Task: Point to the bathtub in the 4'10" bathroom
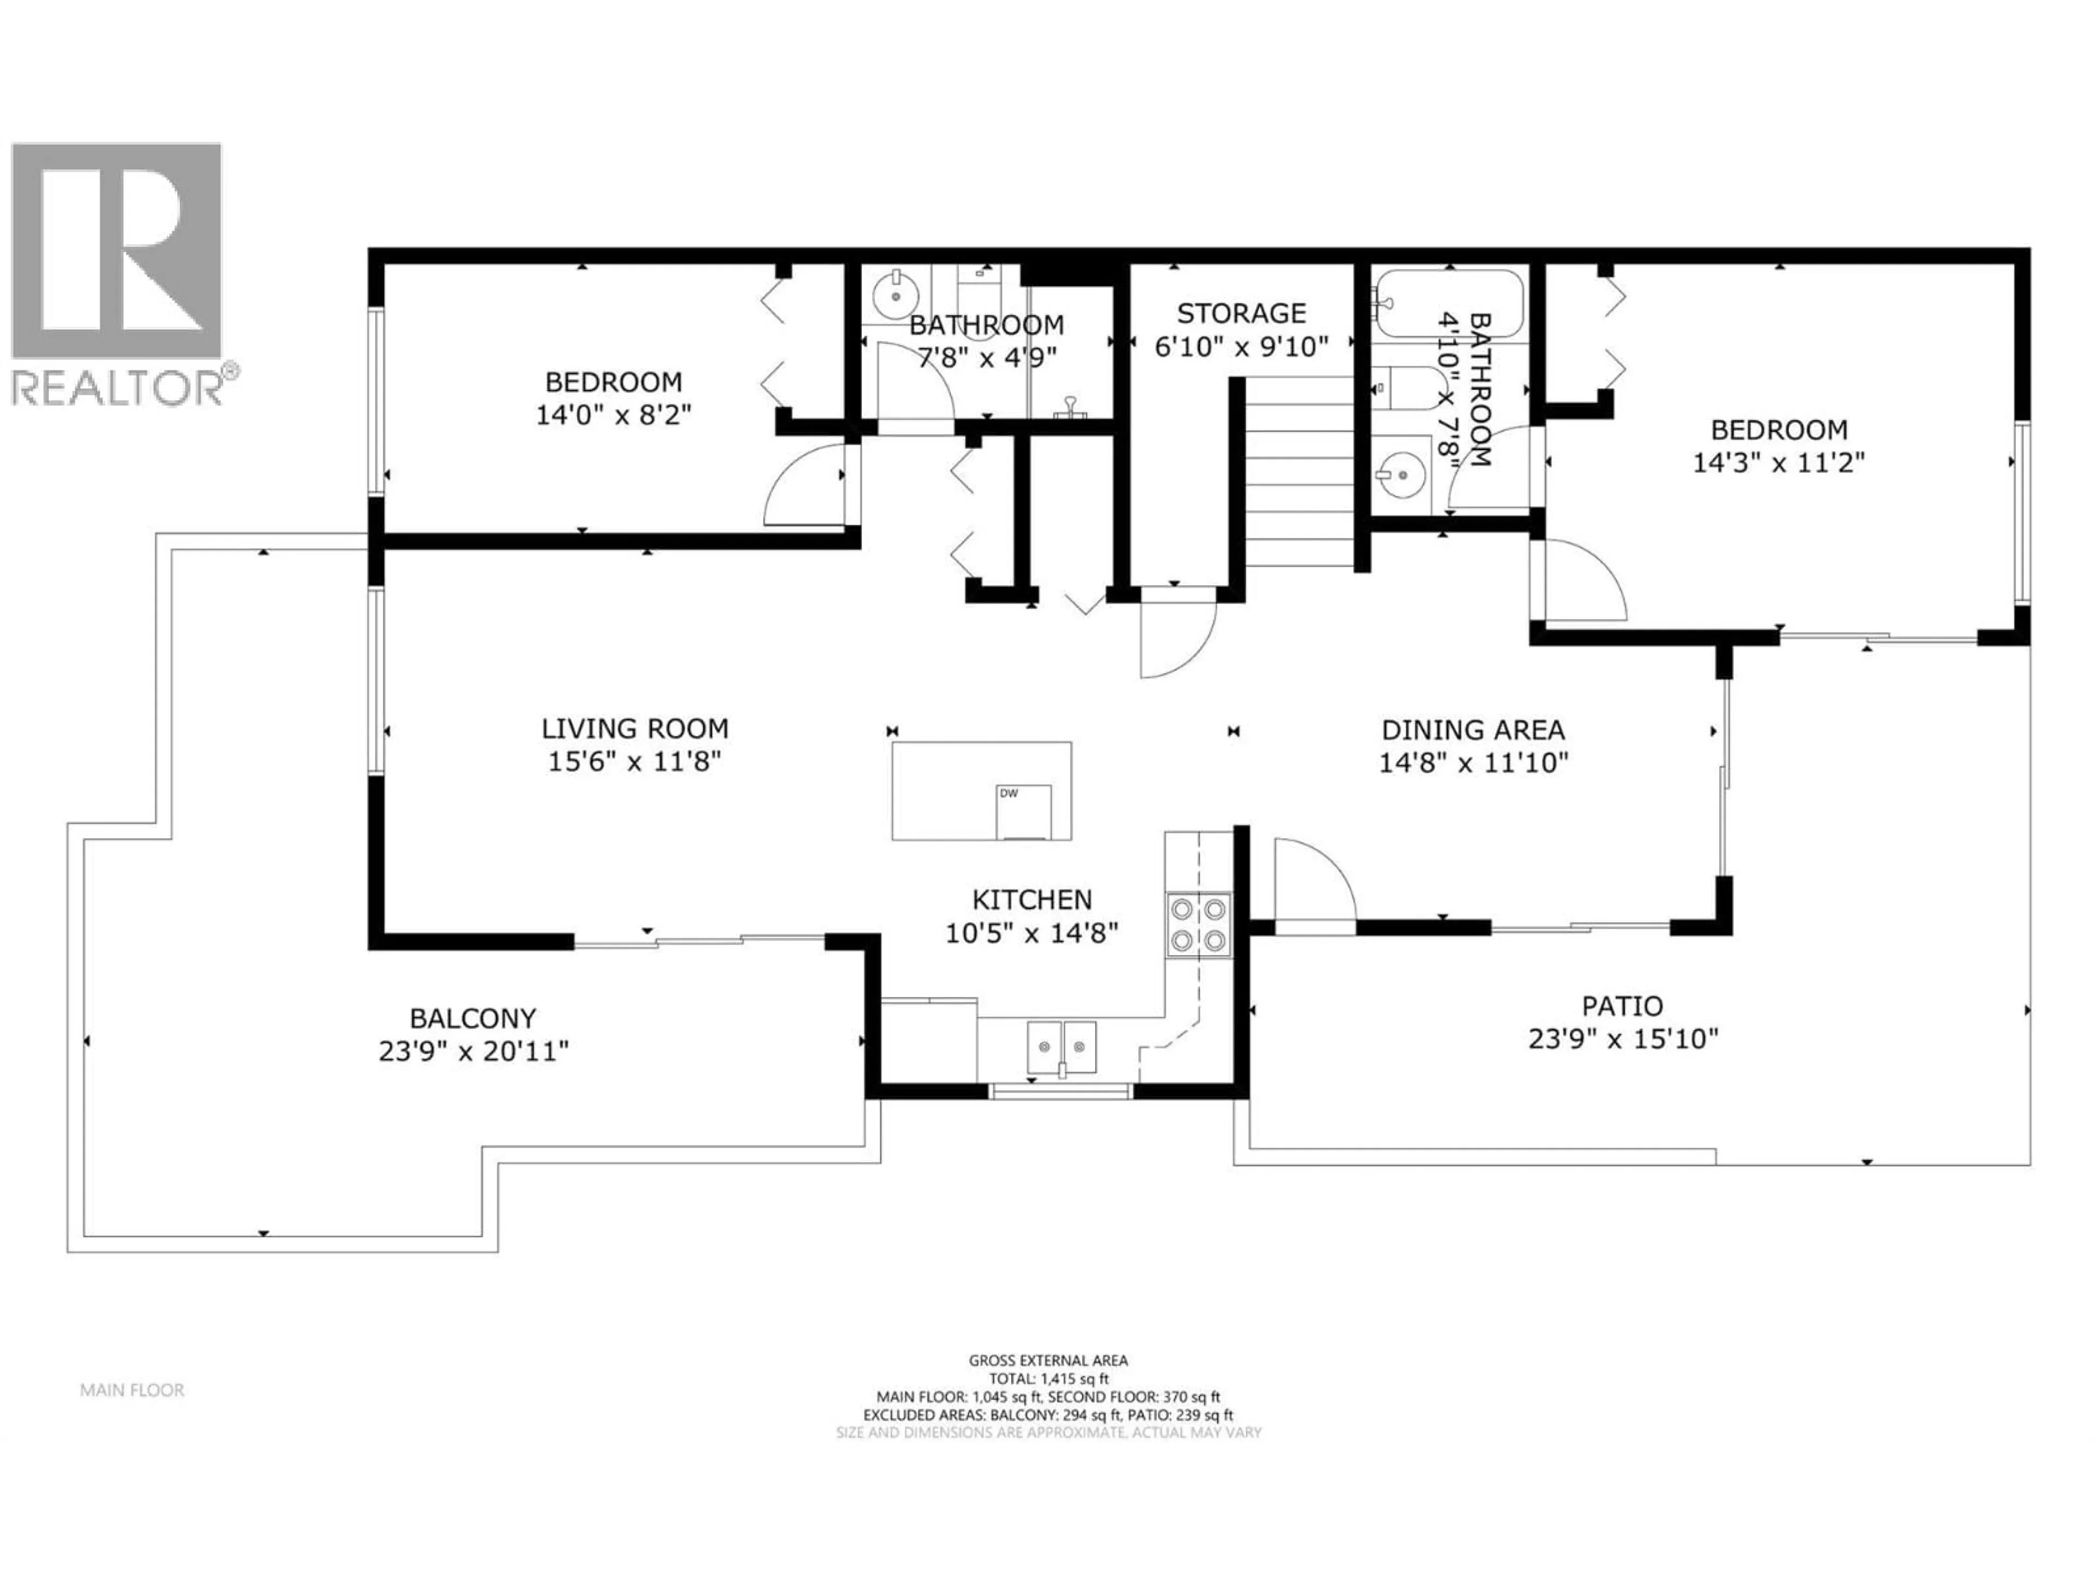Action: pos(1448,304)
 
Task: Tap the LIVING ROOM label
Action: pos(634,729)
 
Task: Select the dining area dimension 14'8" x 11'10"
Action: pos(1473,763)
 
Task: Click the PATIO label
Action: pos(1622,1006)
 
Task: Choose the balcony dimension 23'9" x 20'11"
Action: pos(473,1051)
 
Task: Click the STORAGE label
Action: pos(1241,313)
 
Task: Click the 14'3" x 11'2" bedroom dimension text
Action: pos(1778,463)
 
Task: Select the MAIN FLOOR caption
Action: pos(132,1390)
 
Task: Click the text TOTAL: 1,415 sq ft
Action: pos(1048,1378)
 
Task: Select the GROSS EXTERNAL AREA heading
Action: pos(1048,1360)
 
